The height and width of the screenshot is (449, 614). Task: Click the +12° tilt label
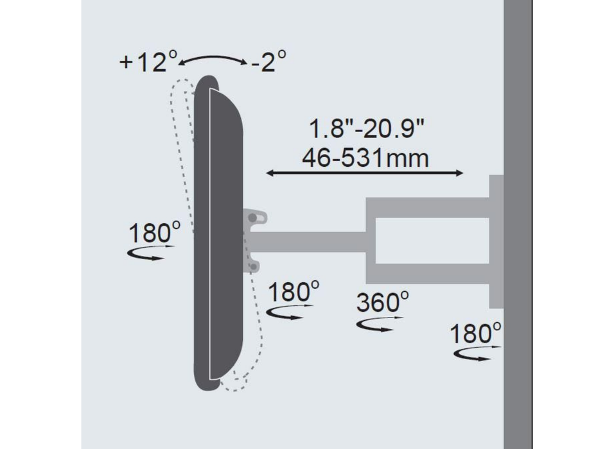point(148,62)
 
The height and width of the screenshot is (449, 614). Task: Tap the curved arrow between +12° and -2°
point(213,58)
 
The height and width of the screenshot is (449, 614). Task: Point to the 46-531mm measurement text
point(365,157)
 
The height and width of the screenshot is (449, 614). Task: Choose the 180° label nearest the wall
point(475,334)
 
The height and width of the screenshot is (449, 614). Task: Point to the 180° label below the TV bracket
point(293,292)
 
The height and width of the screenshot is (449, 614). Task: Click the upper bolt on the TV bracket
point(253,218)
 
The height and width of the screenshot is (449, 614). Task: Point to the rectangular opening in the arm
point(432,241)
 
